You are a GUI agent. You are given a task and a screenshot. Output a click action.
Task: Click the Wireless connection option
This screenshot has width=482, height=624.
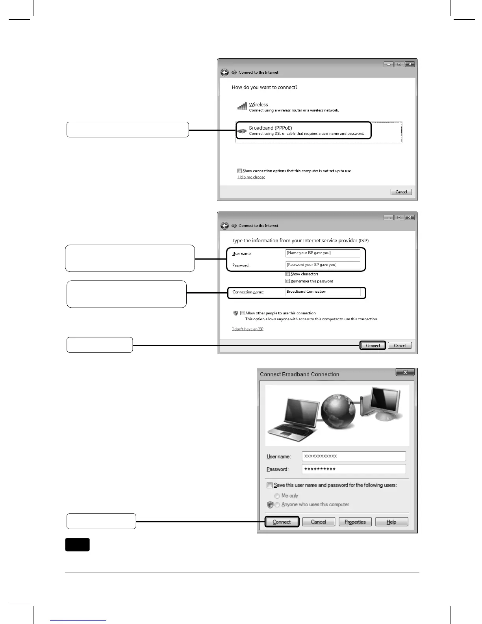[258, 105]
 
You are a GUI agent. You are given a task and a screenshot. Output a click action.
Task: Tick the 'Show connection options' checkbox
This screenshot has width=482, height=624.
[239, 171]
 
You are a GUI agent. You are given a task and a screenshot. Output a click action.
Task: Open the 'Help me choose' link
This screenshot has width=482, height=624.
[251, 177]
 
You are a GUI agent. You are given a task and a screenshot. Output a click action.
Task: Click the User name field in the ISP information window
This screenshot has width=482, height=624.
[323, 253]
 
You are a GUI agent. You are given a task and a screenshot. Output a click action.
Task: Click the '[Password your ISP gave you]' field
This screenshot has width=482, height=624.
[323, 265]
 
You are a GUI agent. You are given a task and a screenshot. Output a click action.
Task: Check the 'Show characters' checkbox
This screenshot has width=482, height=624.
[288, 274]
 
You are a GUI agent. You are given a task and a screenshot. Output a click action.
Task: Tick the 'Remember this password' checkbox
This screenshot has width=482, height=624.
[288, 281]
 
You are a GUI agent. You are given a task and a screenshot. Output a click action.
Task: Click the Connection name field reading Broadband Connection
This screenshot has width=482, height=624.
[323, 292]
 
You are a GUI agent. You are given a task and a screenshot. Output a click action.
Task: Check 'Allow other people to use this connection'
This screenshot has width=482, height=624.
[243, 313]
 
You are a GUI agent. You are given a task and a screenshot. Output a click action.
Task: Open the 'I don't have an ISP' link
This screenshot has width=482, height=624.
[248, 329]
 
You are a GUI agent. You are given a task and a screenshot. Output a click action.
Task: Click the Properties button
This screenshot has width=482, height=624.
[355, 522]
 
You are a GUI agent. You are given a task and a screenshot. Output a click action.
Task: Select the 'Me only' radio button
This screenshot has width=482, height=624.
[277, 496]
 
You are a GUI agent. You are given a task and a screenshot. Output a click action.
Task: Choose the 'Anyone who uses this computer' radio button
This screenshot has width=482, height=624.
[277, 505]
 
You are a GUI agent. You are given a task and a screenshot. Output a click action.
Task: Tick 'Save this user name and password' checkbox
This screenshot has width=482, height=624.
[270, 485]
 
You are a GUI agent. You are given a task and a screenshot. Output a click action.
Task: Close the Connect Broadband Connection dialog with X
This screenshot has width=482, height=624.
[405, 372]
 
